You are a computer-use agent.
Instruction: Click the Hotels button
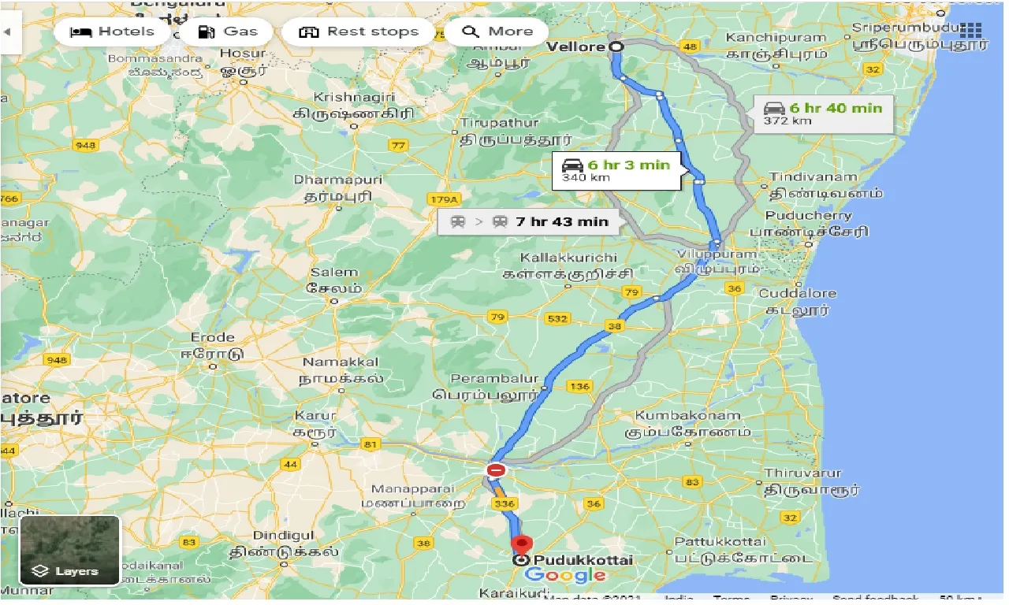pyautogui.click(x=112, y=32)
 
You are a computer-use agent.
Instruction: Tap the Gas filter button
pyautogui.click(x=226, y=32)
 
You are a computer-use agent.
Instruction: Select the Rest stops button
pyautogui.click(x=359, y=32)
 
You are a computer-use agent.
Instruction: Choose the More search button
pyautogui.click(x=498, y=32)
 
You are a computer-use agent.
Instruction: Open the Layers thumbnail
pyautogui.click(x=69, y=551)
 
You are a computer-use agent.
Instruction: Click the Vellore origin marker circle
pyautogui.click(x=616, y=46)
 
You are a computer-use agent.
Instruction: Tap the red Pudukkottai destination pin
pyautogui.click(x=521, y=544)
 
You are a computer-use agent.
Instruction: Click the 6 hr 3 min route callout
pyautogui.click(x=616, y=170)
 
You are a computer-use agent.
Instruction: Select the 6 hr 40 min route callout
pyautogui.click(x=823, y=113)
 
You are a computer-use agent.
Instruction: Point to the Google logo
pyautogui.click(x=566, y=576)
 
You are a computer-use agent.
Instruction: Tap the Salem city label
pyautogui.click(x=333, y=273)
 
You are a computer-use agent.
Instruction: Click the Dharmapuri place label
pyautogui.click(x=337, y=180)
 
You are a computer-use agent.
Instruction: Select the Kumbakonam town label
pyautogui.click(x=687, y=415)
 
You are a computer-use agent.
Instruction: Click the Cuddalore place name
pyautogui.click(x=797, y=293)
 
